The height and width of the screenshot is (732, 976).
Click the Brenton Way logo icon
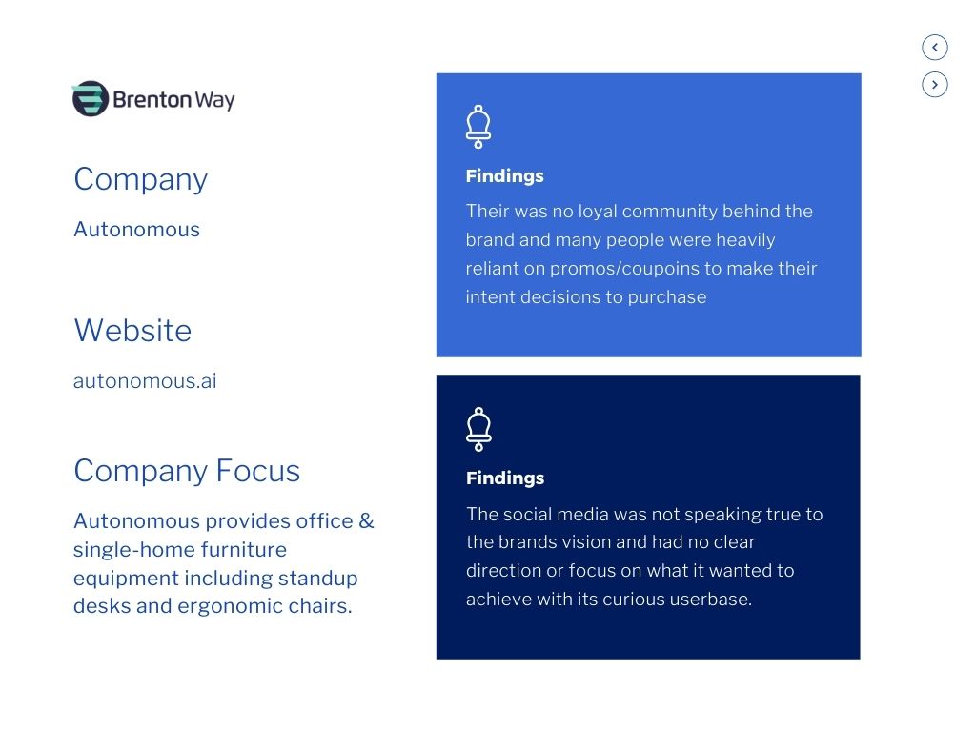pos(90,99)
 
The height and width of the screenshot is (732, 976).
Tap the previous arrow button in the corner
pos(935,47)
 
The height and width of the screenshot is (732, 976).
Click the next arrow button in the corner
pos(935,85)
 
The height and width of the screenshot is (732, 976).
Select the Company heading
pos(140,179)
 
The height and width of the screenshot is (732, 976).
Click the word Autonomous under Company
pos(136,230)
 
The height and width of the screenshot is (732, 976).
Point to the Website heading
pos(132,331)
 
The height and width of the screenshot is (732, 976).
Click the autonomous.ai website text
pos(145,381)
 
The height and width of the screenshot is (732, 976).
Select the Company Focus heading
pos(187,471)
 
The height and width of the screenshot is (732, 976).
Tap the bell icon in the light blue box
pos(478,126)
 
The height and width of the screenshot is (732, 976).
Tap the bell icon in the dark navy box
pos(478,429)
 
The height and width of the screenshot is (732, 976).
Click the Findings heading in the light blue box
pos(504,176)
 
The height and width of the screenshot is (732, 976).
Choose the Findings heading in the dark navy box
pos(504,478)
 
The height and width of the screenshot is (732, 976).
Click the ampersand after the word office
pos(366,521)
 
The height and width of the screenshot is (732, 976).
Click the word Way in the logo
pos(214,100)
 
